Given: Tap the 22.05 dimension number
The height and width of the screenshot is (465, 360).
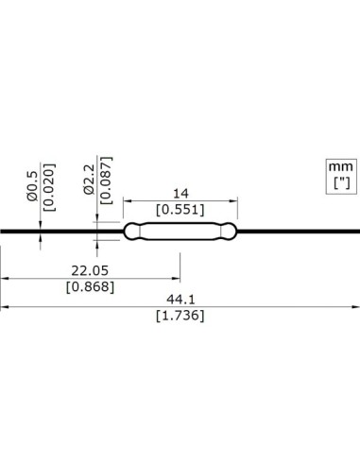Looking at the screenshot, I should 92,268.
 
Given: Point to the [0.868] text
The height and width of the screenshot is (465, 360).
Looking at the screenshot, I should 92,286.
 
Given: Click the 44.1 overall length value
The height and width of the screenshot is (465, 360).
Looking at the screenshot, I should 180,298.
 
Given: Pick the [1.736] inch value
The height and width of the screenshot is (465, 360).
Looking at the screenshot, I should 180,316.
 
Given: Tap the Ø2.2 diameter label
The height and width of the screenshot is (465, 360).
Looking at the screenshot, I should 89,177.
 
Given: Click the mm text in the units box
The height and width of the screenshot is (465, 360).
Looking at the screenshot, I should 339,167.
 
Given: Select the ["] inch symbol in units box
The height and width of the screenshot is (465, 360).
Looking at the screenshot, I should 339,184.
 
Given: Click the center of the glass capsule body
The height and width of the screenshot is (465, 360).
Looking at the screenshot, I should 180,230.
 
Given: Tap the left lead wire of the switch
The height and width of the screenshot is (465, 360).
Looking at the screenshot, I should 57,230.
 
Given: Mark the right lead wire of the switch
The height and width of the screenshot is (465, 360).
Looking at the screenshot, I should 302,230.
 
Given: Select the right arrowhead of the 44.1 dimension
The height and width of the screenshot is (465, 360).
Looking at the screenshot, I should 355,306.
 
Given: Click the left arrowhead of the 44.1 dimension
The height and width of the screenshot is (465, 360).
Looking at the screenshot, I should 4,306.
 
